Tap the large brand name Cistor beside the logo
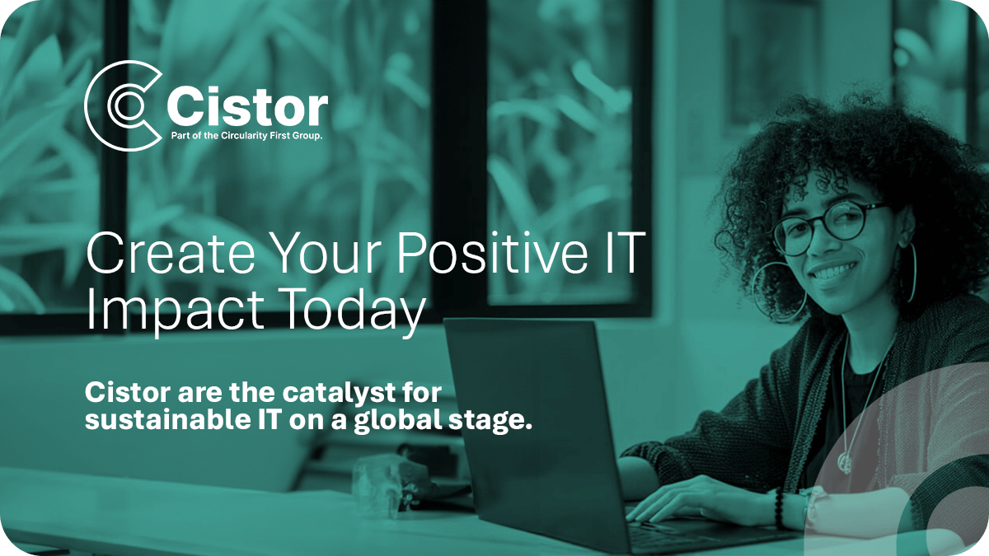click(247, 106)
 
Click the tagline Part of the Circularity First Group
click(246, 135)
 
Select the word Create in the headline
click(171, 253)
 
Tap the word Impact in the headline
click(176, 311)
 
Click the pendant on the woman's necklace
click(844, 463)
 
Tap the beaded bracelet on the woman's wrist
click(780, 507)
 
